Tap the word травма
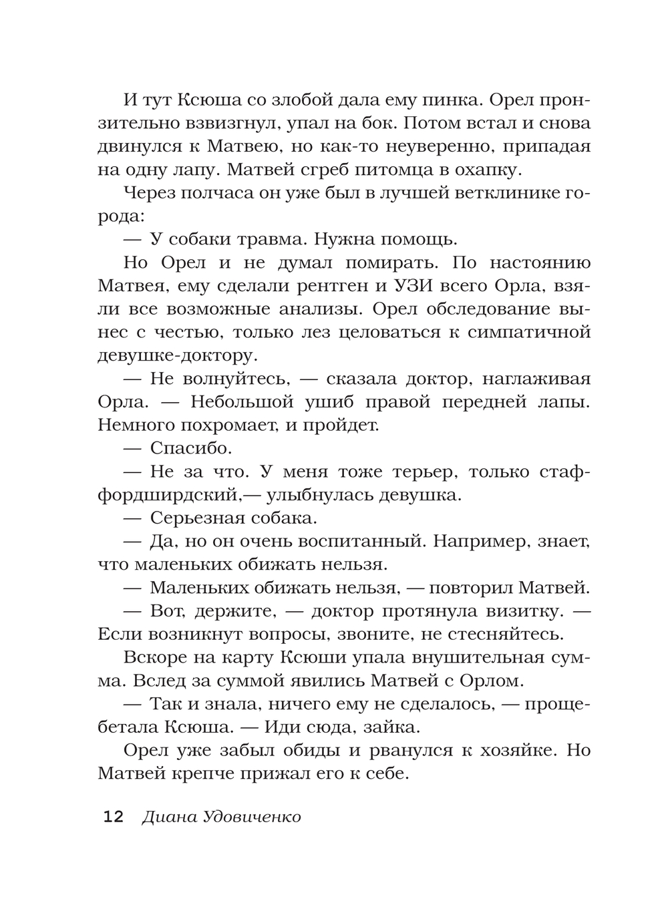(x=267, y=239)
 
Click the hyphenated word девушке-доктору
(x=175, y=355)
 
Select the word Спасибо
(x=190, y=448)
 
